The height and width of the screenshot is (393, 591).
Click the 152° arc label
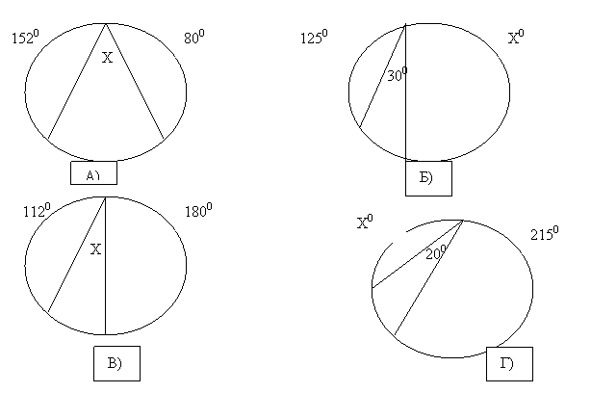click(x=25, y=37)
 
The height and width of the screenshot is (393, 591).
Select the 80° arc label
click(x=194, y=37)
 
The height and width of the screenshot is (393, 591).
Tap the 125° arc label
click(x=314, y=37)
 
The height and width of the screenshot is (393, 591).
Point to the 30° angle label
click(x=398, y=74)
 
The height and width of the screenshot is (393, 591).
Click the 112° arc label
click(x=37, y=210)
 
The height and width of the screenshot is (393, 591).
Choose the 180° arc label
click(x=198, y=210)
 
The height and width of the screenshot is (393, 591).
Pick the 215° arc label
click(x=545, y=233)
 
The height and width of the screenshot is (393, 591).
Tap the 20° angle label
click(x=436, y=252)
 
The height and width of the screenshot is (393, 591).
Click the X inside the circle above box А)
click(x=108, y=58)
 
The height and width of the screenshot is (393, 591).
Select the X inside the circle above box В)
click(x=96, y=249)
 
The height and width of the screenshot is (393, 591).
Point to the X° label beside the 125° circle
click(x=516, y=37)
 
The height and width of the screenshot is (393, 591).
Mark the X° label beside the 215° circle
click(x=365, y=222)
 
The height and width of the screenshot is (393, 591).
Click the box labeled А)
click(x=94, y=172)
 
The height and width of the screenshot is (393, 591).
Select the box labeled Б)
click(x=428, y=178)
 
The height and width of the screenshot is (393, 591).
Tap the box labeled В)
click(x=116, y=363)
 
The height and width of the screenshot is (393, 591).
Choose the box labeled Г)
click(x=509, y=364)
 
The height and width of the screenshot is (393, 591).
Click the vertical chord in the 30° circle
click(x=405, y=92)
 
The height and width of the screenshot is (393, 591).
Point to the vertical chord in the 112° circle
click(x=106, y=266)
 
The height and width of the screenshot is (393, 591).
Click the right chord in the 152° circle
click(x=135, y=82)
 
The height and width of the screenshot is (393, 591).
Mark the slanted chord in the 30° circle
click(x=382, y=76)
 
